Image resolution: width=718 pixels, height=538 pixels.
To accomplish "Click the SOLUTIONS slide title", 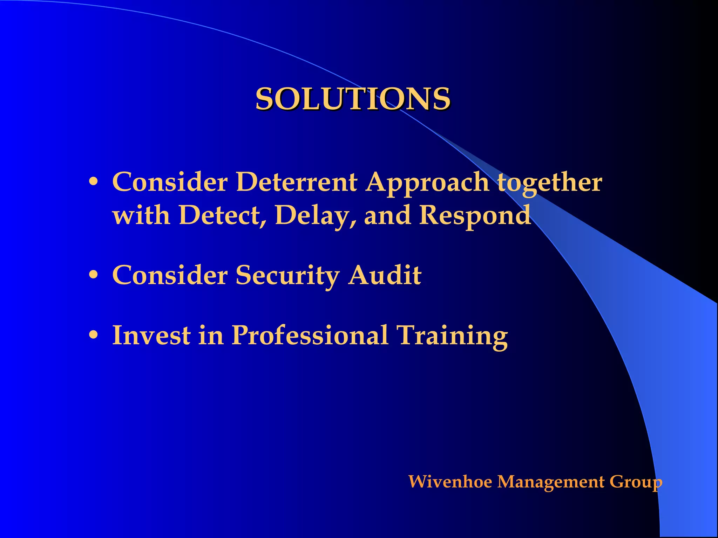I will [x=353, y=99].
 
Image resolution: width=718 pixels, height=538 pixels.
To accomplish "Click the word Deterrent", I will [x=297, y=182].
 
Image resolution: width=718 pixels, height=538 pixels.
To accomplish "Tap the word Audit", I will [x=385, y=275].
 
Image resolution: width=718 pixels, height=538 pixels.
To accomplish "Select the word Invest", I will [x=151, y=335].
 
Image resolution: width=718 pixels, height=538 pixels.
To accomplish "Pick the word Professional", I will [x=310, y=335].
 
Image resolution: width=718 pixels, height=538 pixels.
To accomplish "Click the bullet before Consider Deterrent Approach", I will [x=93, y=182].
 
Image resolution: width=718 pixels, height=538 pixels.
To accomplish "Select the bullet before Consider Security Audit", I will [x=93, y=275].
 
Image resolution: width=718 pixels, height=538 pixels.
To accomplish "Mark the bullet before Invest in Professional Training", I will [x=93, y=335].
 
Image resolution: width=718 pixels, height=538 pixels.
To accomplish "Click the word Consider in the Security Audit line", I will [x=170, y=275].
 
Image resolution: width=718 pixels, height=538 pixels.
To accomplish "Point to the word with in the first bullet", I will [x=141, y=215].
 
